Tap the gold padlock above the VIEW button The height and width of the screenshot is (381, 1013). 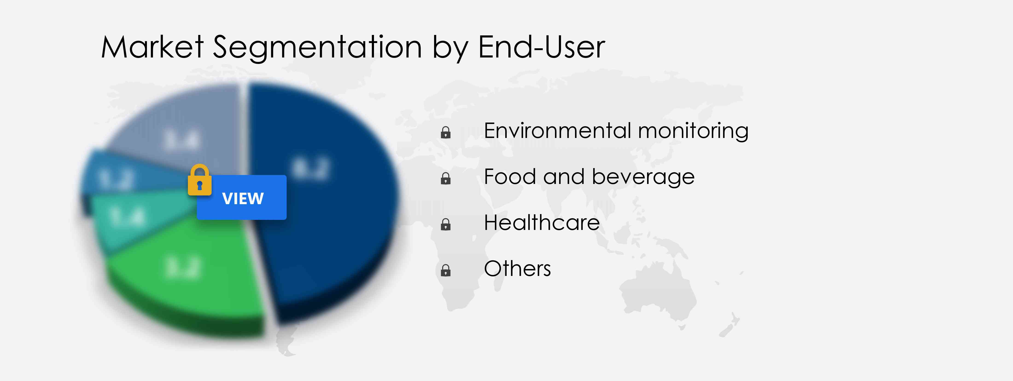(199, 180)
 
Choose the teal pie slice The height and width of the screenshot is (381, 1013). (130, 220)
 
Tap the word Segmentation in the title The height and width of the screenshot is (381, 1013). (317, 47)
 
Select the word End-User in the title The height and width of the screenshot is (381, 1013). (541, 47)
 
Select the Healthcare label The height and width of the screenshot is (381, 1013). (541, 223)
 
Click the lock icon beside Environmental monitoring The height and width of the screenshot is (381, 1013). (446, 132)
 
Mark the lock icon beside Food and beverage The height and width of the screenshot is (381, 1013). (446, 178)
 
